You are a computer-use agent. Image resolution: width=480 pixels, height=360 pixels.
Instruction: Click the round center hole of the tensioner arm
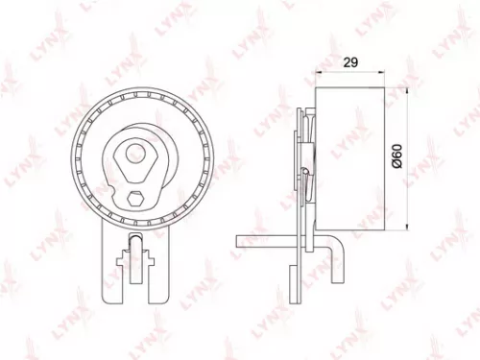point(133,153)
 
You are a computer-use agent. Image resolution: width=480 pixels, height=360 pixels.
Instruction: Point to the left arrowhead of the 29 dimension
point(316,73)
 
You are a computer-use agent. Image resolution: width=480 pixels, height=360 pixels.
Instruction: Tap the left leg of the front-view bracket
point(108,269)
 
